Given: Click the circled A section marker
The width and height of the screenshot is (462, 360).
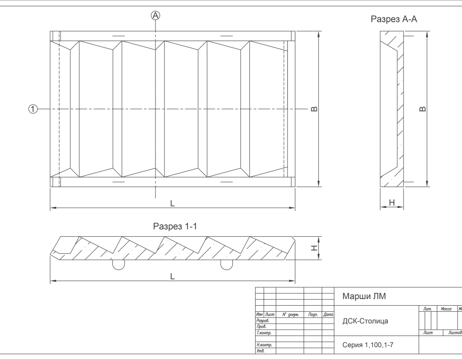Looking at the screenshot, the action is [155, 15].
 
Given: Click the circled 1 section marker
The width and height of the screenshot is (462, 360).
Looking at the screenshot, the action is [33, 109].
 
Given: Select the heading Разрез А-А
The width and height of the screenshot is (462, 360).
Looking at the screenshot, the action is [394, 19].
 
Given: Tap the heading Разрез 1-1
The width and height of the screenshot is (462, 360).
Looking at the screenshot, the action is [175, 226].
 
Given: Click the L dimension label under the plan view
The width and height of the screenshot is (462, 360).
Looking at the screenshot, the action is [172, 203].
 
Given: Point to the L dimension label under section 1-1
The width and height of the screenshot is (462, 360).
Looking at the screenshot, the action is [172, 276].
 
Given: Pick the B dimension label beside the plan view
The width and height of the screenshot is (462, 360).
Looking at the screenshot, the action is [315, 109].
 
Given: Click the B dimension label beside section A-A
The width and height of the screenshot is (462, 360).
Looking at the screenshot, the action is [422, 109].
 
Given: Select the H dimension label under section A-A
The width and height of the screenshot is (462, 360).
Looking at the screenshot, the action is [392, 202].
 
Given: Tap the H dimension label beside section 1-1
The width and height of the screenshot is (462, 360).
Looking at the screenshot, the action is [315, 248].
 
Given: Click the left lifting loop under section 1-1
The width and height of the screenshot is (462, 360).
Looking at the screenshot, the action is [119, 266].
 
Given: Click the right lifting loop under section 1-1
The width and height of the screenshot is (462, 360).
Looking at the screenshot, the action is [227, 266].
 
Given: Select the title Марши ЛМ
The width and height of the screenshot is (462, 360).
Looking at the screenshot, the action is [364, 296].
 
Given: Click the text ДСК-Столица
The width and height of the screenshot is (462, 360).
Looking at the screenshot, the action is [365, 321].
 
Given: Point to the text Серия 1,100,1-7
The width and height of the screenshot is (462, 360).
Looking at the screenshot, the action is [368, 345].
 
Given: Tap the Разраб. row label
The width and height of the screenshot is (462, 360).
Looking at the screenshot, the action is [263, 320].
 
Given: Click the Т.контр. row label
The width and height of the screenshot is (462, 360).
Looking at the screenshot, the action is [264, 333].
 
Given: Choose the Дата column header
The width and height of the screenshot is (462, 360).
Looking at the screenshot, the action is [328, 315].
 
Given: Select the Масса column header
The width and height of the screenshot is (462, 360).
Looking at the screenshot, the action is [446, 309].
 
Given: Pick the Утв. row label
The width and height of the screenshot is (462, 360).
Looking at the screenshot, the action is [261, 351].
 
